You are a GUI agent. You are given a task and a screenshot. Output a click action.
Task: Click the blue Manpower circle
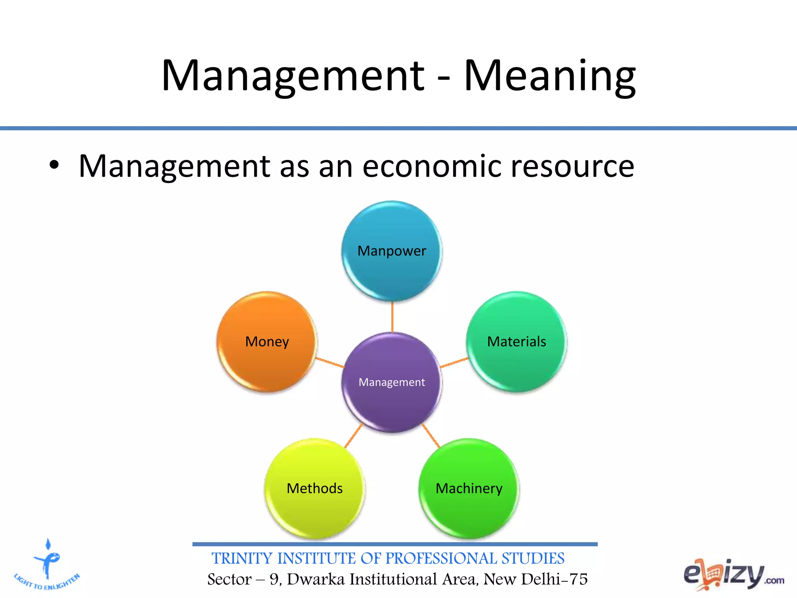coord(392,251)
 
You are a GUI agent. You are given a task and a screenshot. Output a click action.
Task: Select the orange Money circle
coord(267,342)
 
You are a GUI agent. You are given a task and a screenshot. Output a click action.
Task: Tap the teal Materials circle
coord(516,342)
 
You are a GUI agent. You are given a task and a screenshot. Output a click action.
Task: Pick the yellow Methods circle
coord(314,489)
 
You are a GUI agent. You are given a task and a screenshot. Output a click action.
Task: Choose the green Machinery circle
coord(469,489)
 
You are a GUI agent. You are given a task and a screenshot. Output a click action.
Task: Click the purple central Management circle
coord(392,382)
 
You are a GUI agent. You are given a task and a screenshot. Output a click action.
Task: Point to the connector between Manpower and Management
coord(392,317)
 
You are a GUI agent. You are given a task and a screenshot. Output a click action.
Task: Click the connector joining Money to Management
coord(330,362)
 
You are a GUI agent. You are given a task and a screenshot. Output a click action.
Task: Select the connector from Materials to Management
coord(454,362)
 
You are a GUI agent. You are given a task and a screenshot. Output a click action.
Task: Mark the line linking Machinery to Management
coord(431,436)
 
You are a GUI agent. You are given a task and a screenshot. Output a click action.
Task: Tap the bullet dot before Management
coord(54,166)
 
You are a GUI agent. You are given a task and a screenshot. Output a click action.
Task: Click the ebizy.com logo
coord(733,575)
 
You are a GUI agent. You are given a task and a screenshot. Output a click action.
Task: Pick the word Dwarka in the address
coord(316,579)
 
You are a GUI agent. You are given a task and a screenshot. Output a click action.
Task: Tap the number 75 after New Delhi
coord(578,579)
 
